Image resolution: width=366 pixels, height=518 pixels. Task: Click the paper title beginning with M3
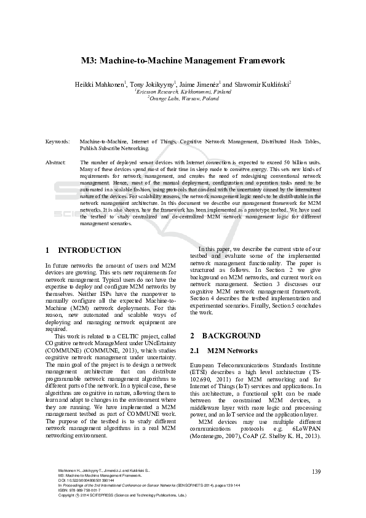click(x=183, y=60)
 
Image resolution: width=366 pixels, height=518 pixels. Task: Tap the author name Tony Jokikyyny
click(x=152, y=84)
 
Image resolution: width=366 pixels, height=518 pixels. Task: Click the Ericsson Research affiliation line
click(x=183, y=91)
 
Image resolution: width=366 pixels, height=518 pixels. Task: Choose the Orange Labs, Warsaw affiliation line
click(x=183, y=98)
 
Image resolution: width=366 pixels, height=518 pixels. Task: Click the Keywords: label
click(x=58, y=141)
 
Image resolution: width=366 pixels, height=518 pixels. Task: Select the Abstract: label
click(x=57, y=162)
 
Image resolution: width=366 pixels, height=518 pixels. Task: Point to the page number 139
click(x=317, y=472)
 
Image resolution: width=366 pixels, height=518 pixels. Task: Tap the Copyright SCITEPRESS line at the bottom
click(x=117, y=495)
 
